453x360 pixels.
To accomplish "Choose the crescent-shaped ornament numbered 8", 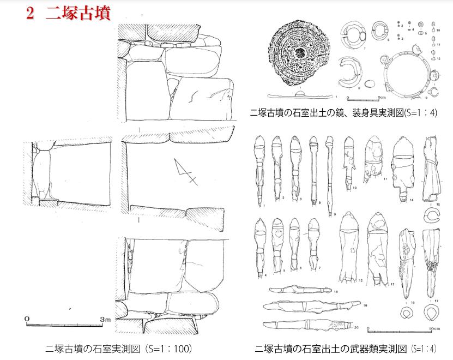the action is coord(347,74).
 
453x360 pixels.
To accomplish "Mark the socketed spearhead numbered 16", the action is coord(406,262).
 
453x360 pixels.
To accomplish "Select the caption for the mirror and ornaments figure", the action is coord(343,113).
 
